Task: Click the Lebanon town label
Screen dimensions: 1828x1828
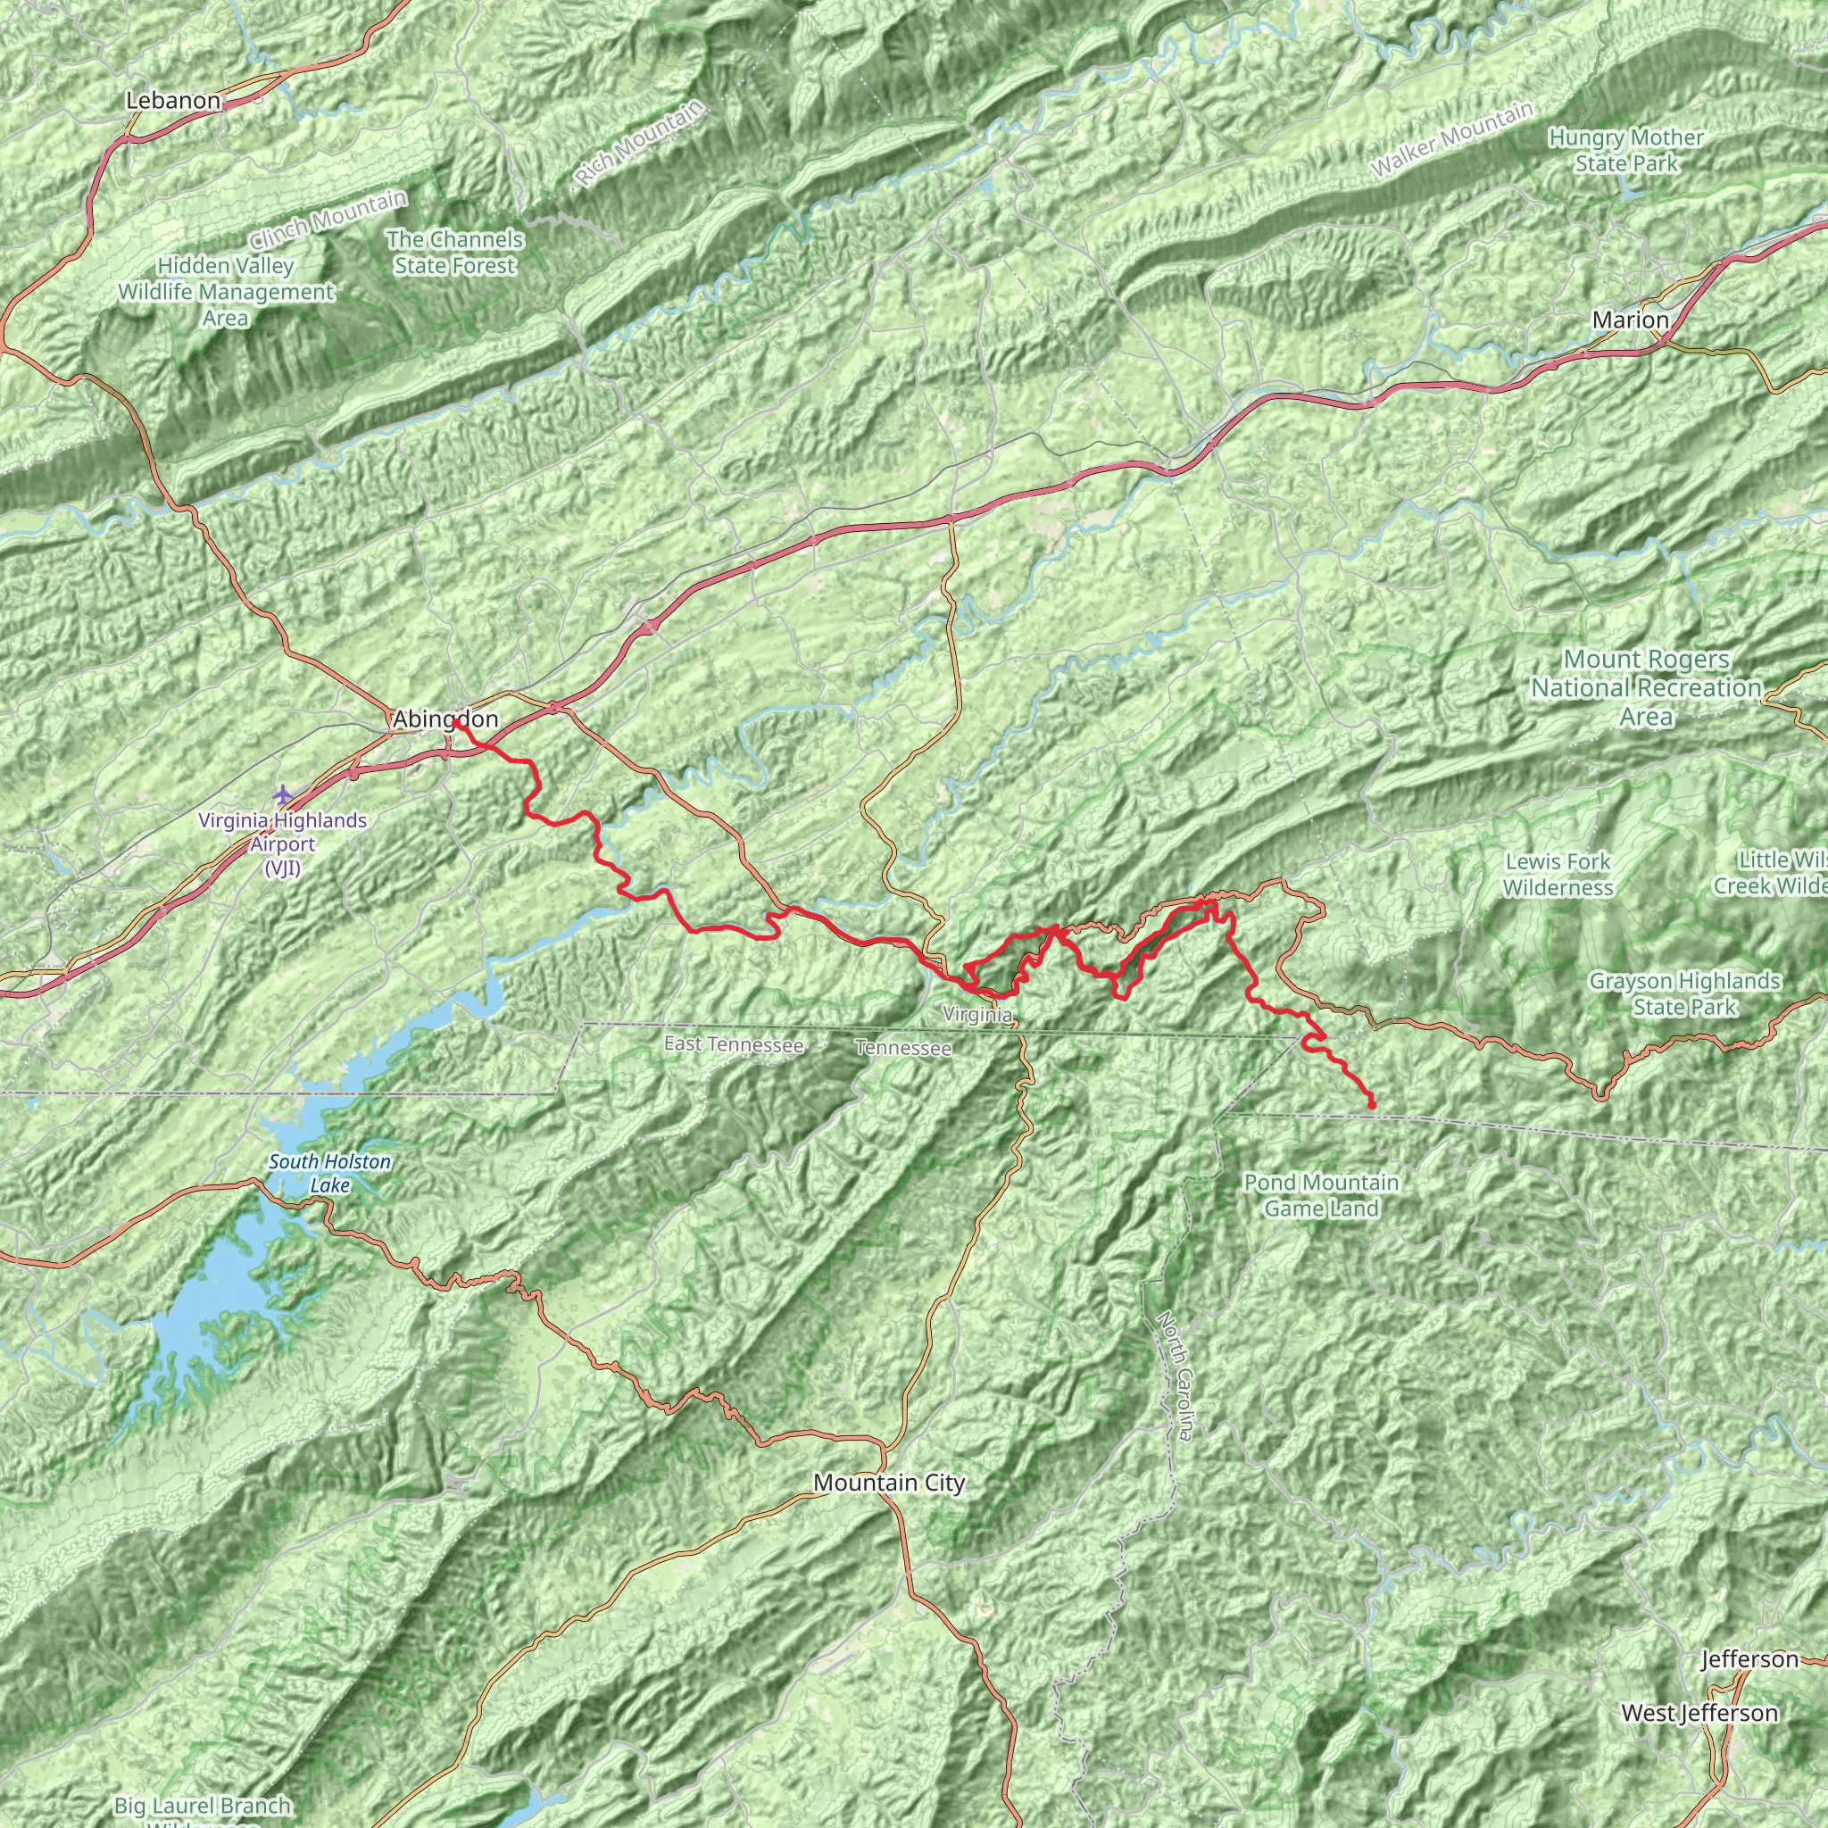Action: (x=173, y=100)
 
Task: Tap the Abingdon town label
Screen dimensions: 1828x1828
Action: (x=445, y=720)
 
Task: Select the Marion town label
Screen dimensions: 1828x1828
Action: (x=1630, y=320)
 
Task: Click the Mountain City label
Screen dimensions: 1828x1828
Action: (x=888, y=1483)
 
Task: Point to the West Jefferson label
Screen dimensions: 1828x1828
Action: (x=1699, y=1714)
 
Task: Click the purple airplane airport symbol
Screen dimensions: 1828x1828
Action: (x=282, y=793)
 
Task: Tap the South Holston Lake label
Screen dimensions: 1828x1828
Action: (x=329, y=1173)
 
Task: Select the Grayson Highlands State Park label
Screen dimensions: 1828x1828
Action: (x=1684, y=993)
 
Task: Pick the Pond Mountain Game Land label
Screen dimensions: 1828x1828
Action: (x=1321, y=1195)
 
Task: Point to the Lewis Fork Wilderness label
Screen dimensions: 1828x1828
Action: (x=1558, y=874)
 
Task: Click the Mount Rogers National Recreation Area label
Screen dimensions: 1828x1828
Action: (x=1646, y=688)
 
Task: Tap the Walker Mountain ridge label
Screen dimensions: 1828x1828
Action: (x=1451, y=139)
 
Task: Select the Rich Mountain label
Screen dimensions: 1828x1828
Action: (x=641, y=143)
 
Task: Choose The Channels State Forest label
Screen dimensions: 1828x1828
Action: (x=455, y=253)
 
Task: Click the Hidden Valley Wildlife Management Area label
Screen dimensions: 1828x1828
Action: (x=225, y=293)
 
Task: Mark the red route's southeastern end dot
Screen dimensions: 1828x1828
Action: (x=1371, y=1105)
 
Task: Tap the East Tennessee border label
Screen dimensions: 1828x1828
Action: (x=734, y=1044)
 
